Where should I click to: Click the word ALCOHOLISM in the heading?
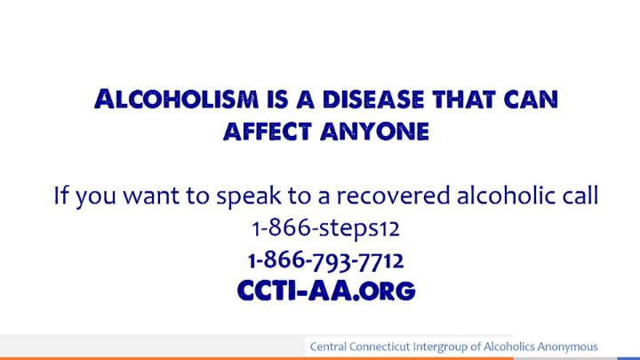pos(176,100)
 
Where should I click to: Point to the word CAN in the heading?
pos(531,100)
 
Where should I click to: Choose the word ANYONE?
pos(375,132)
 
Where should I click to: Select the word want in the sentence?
pos(151,196)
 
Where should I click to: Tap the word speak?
pos(249,196)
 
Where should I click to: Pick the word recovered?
pos(393,195)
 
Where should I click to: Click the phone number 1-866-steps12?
pos(325,228)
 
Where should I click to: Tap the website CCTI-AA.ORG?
pos(326,291)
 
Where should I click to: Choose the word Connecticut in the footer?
pos(380,347)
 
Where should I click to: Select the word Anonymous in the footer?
pos(567,348)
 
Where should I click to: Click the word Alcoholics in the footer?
pos(509,347)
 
